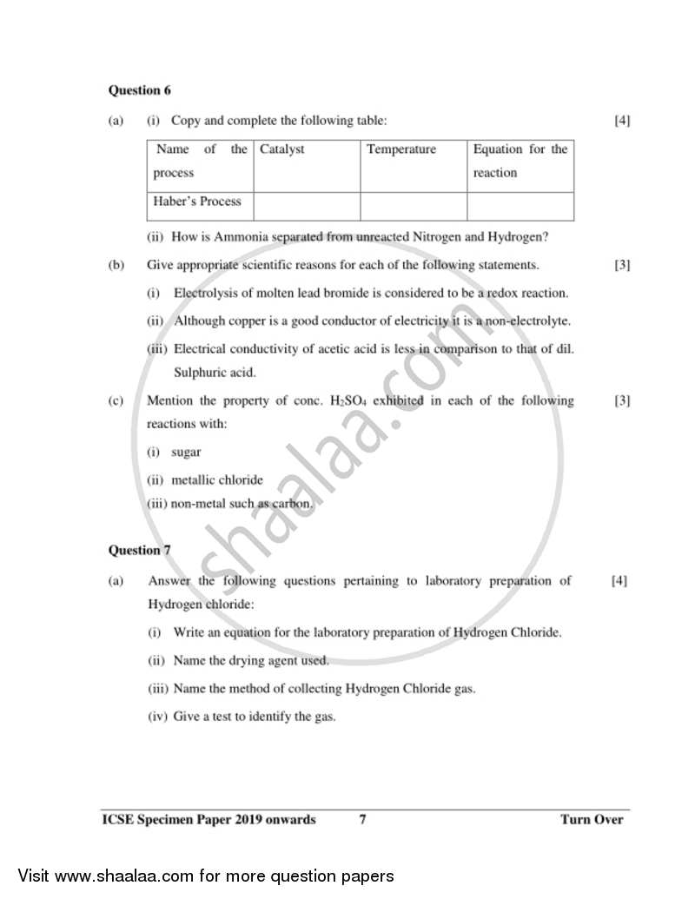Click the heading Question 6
tap(134, 89)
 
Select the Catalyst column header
tap(282, 149)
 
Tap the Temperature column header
tap(401, 149)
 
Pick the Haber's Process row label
tap(197, 202)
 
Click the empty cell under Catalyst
tap(307, 207)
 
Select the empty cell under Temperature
tap(414, 207)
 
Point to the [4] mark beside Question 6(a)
tap(622, 121)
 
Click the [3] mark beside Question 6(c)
tap(622, 400)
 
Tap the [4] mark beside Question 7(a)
tap(619, 580)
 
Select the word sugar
tap(186, 453)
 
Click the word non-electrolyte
tap(530, 321)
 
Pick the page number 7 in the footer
tap(362, 819)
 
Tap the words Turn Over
tap(592, 819)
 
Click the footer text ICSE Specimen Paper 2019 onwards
tap(208, 819)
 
